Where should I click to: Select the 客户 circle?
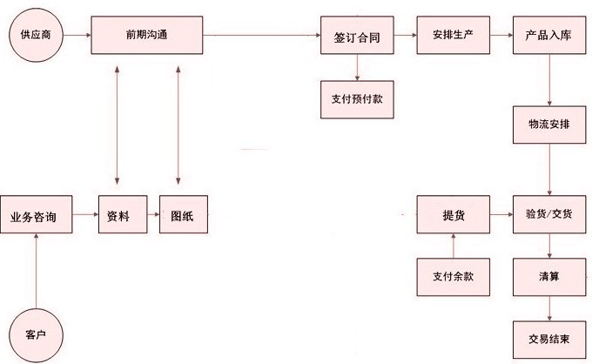34,334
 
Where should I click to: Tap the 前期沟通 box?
147,36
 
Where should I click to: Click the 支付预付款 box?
352,98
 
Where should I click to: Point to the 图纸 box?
183,215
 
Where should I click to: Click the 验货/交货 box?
548,214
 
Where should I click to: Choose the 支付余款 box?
453,276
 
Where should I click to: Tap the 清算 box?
548,276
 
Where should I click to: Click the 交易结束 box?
548,337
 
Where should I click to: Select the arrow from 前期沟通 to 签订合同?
261,36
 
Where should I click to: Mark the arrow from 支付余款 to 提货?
453,245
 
